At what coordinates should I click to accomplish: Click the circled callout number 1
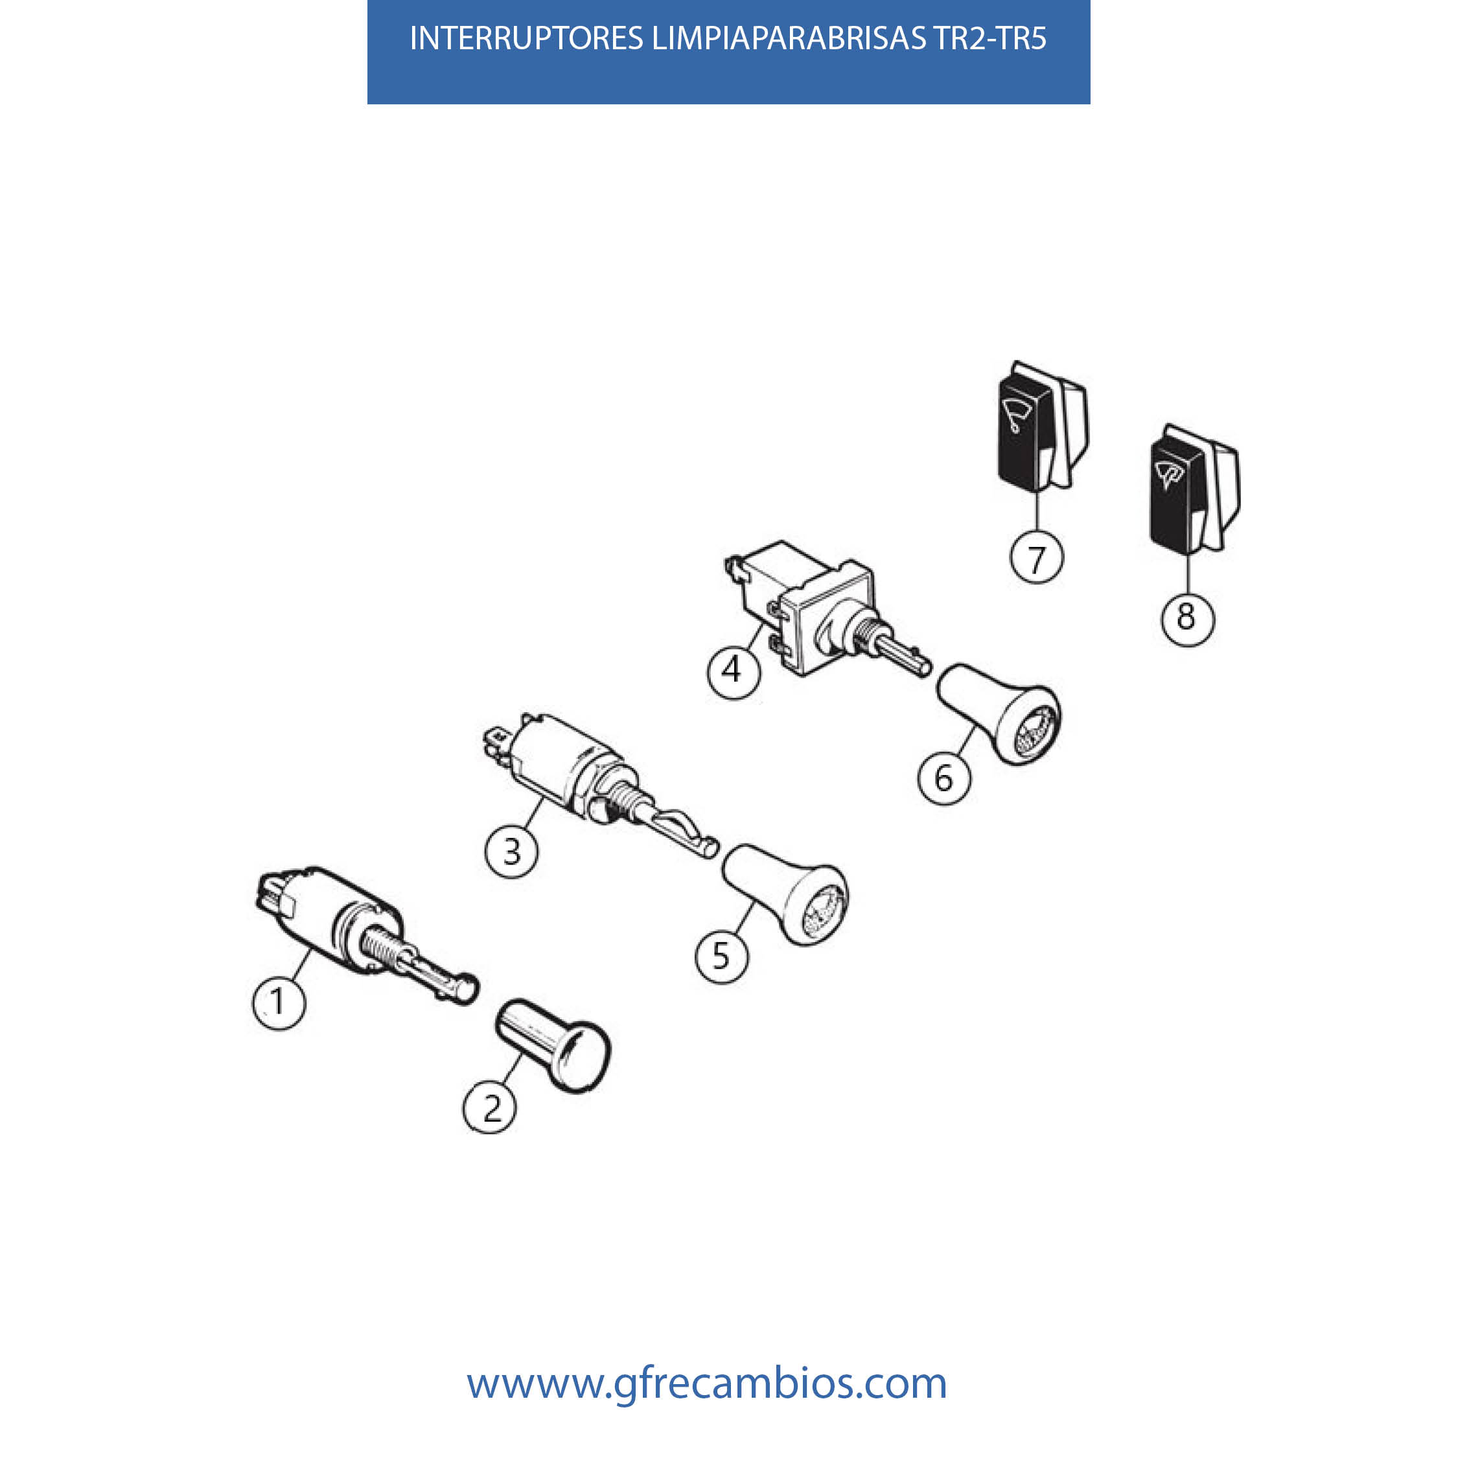[x=279, y=1003]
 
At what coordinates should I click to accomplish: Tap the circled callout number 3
[x=512, y=851]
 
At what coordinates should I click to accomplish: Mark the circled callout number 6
[x=944, y=778]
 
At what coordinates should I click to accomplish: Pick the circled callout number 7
[x=1037, y=559]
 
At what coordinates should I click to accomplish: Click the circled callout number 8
[x=1187, y=618]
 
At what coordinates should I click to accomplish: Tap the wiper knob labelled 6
[x=999, y=714]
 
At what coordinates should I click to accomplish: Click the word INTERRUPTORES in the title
[x=527, y=38]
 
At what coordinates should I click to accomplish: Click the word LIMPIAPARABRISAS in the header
[x=789, y=38]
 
